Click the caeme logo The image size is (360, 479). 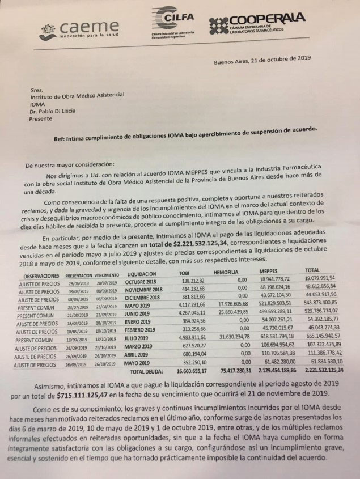click(79, 29)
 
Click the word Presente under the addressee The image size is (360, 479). click(44, 120)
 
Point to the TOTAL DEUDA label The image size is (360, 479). click(146, 372)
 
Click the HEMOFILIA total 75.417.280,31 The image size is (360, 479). click(232, 372)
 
